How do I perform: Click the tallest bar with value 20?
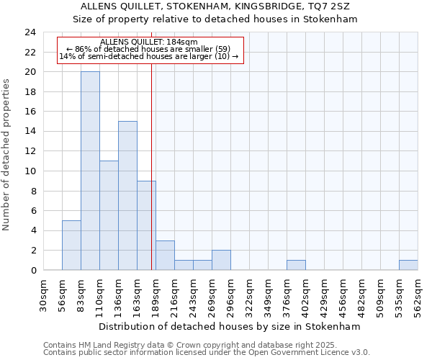tap(90, 171)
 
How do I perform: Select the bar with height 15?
tap(127, 196)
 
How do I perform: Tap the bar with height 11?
tap(109, 215)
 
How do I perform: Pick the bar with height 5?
tap(71, 245)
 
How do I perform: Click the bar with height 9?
tap(146, 225)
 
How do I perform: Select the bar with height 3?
tap(165, 255)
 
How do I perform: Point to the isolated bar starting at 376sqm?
tap(296, 265)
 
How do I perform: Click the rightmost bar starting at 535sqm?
tap(408, 265)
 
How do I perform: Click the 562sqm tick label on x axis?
tap(418, 297)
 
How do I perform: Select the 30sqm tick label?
tap(44, 297)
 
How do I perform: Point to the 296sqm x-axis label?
tap(231, 297)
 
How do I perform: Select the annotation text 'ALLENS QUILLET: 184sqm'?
tap(149, 42)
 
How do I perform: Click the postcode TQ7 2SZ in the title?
tap(333, 6)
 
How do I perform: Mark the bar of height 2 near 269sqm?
tap(221, 260)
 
